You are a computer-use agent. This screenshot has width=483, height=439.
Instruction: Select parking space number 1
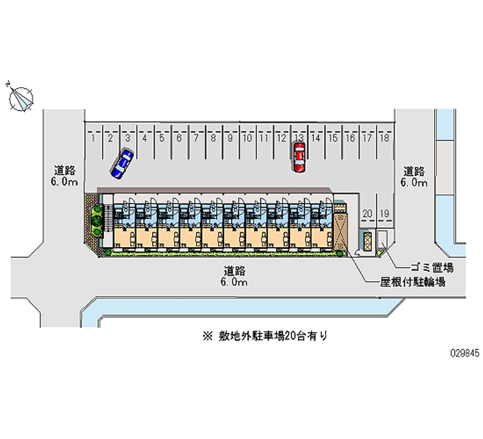pos(94,138)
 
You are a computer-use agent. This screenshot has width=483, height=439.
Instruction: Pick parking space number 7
pos(196,138)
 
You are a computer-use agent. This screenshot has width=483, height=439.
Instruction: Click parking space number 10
pos(246,138)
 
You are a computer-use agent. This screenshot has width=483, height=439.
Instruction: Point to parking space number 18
pos(383,138)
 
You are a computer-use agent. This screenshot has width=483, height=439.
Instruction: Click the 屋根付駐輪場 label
pos(413,281)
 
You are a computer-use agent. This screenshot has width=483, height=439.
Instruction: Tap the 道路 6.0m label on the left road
pos(63,176)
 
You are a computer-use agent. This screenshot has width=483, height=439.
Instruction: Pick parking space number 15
pos(332,138)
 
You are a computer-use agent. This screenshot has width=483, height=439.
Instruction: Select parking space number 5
pos(162,138)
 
